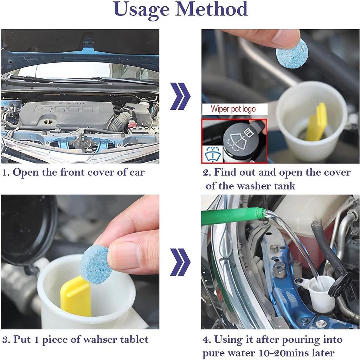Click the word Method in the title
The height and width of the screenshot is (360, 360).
pyautogui.click(x=211, y=9)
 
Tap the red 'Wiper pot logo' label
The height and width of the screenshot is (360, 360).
pyautogui.click(x=233, y=109)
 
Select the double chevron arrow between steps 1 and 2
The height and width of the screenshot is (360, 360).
pyautogui.click(x=180, y=96)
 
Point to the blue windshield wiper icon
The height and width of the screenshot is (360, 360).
pyautogui.click(x=212, y=154)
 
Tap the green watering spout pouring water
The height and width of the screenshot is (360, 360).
pyautogui.click(x=232, y=216)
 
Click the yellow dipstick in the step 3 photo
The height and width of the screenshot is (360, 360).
pyautogui.click(x=76, y=296)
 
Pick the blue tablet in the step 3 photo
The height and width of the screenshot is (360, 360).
pyautogui.click(x=95, y=263)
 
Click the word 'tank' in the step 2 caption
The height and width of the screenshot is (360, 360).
pyautogui.click(x=284, y=186)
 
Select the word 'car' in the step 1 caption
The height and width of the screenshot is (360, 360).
pyautogui.click(x=137, y=172)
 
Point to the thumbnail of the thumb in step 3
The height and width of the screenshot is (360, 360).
pyautogui.click(x=126, y=255)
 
